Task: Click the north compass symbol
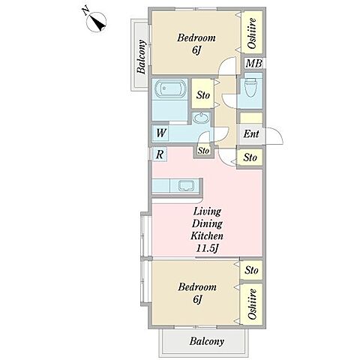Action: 96,22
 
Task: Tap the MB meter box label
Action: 253,64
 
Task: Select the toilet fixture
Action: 250,87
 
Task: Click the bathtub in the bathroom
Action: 169,88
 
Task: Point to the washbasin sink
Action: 202,118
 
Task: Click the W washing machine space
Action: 160,133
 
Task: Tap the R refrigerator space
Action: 160,154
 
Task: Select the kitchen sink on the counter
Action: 186,185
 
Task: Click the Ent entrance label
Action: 251,133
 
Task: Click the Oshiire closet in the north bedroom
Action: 252,32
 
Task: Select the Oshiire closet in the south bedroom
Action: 252,304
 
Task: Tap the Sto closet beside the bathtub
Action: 202,94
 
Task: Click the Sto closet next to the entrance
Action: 250,157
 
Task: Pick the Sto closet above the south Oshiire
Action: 251,270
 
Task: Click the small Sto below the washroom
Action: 203,151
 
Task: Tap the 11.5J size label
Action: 208,248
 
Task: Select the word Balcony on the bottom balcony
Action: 206,341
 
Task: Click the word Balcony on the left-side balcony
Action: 142,57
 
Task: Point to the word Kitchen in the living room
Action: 207,235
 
